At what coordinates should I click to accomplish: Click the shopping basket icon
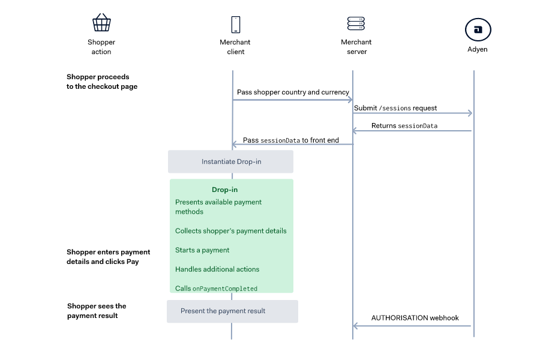[101, 23]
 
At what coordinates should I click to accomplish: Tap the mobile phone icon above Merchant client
[235, 25]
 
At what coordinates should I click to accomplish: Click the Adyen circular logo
[478, 29]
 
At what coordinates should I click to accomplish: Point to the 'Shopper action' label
[101, 47]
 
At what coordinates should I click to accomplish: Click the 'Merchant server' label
[356, 47]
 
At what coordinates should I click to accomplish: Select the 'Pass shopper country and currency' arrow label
[293, 92]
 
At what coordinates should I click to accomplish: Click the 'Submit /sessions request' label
[395, 108]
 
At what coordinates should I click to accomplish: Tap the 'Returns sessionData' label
[404, 126]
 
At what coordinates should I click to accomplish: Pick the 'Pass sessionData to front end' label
[290, 140]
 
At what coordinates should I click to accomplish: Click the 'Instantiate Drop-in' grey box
[231, 162]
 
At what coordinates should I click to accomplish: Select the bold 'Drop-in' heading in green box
[224, 190]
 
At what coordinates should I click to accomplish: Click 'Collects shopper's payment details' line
[230, 231]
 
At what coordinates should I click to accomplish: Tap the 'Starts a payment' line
[202, 250]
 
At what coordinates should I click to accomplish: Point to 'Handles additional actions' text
[217, 269]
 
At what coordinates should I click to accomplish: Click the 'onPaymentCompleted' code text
[224, 289]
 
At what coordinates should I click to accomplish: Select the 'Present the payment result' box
[232, 311]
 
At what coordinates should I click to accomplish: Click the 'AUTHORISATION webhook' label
[415, 318]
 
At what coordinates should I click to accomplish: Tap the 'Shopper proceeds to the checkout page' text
[102, 82]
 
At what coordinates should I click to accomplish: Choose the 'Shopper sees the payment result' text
[97, 311]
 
